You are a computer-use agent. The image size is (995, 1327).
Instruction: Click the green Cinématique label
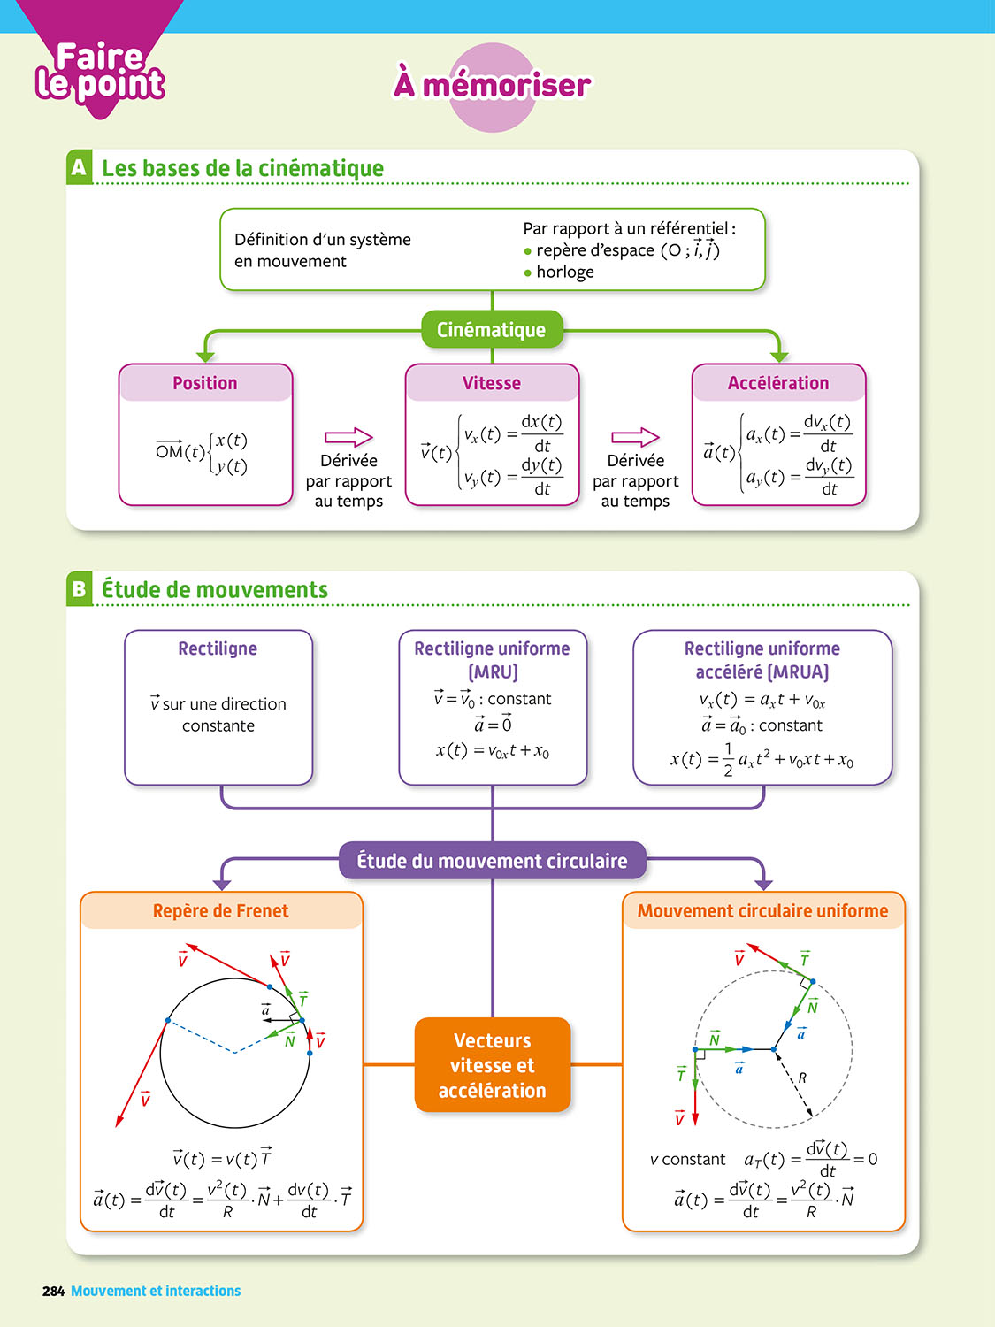492,330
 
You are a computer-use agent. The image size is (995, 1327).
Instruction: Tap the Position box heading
205,383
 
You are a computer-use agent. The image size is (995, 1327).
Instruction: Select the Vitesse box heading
492,383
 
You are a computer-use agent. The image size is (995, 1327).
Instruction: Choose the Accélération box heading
778,383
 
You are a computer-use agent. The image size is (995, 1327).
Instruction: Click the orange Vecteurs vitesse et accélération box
493,1065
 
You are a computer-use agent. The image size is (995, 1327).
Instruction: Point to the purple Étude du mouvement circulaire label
492,861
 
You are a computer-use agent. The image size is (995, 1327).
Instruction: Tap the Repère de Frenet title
221,910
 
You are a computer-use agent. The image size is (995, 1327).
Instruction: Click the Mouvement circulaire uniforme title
762,910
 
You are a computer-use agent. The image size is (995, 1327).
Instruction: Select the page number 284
53,1292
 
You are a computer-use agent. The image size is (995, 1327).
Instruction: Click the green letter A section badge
80,167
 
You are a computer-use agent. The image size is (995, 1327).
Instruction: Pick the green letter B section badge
80,589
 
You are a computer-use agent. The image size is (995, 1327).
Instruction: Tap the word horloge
565,272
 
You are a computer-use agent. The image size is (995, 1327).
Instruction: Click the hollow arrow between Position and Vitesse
349,437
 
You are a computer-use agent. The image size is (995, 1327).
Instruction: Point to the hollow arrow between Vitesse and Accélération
635,437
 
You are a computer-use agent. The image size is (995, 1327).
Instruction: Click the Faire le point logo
100,71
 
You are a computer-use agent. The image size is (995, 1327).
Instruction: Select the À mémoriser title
493,86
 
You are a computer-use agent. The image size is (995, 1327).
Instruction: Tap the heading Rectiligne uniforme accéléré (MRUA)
762,660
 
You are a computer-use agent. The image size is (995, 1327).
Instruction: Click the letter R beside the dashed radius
802,1078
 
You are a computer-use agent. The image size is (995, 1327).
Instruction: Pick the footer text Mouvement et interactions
156,1292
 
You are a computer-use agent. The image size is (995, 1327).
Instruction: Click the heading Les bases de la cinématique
243,168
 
